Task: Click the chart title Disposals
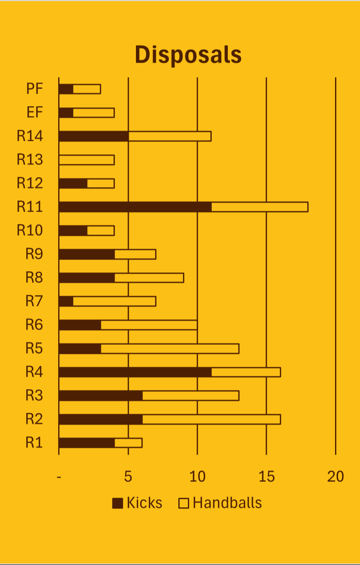point(188,55)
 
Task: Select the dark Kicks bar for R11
point(135,207)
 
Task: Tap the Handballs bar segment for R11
point(259,207)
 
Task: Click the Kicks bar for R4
point(135,372)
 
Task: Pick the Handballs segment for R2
point(211,419)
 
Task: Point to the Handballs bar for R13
point(86,160)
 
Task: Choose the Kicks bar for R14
point(94,136)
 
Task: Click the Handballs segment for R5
point(170,348)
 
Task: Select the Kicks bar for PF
point(66,89)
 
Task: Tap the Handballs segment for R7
point(114,301)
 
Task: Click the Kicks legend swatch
point(118,503)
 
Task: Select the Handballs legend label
point(227,503)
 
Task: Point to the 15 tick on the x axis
point(266,477)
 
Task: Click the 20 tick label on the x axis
point(335,477)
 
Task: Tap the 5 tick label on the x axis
point(128,477)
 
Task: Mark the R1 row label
point(34,443)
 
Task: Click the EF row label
point(35,113)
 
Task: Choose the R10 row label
point(30,230)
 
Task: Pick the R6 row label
point(34,325)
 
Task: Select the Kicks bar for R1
point(86,443)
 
